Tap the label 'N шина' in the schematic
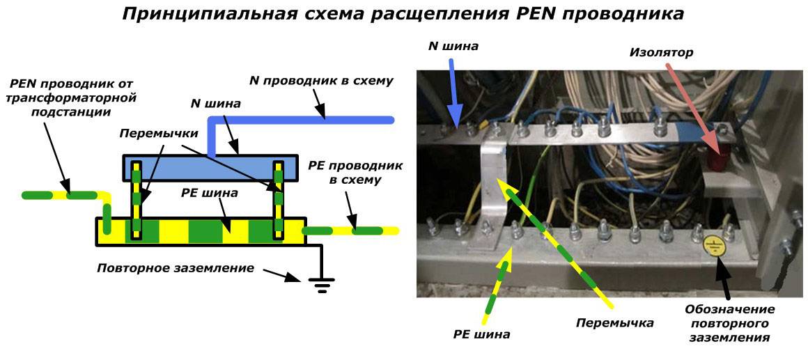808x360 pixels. [x=216, y=104]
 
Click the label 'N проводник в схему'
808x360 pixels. [x=321, y=81]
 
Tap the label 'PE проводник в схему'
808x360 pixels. [x=344, y=174]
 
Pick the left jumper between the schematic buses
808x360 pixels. [x=138, y=200]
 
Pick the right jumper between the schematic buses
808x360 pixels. [x=279, y=200]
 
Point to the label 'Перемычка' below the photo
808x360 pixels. [x=614, y=323]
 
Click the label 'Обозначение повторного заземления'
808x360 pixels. [x=729, y=323]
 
